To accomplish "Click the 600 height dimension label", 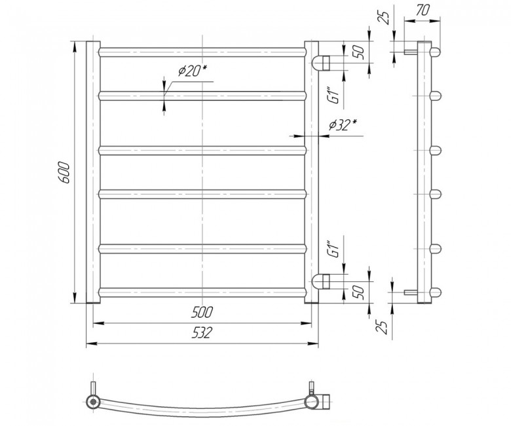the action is click(x=65, y=172).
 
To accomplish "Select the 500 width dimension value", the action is click(x=202, y=312).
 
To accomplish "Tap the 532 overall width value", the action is click(x=202, y=333).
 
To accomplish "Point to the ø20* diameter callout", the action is click(x=193, y=70).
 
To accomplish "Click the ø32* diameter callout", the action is click(x=342, y=125).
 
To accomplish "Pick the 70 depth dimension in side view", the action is click(x=423, y=10).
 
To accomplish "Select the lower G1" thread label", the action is click(x=335, y=249).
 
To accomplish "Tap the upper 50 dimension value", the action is click(x=358, y=52).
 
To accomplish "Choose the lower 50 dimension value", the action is click(x=358, y=292).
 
